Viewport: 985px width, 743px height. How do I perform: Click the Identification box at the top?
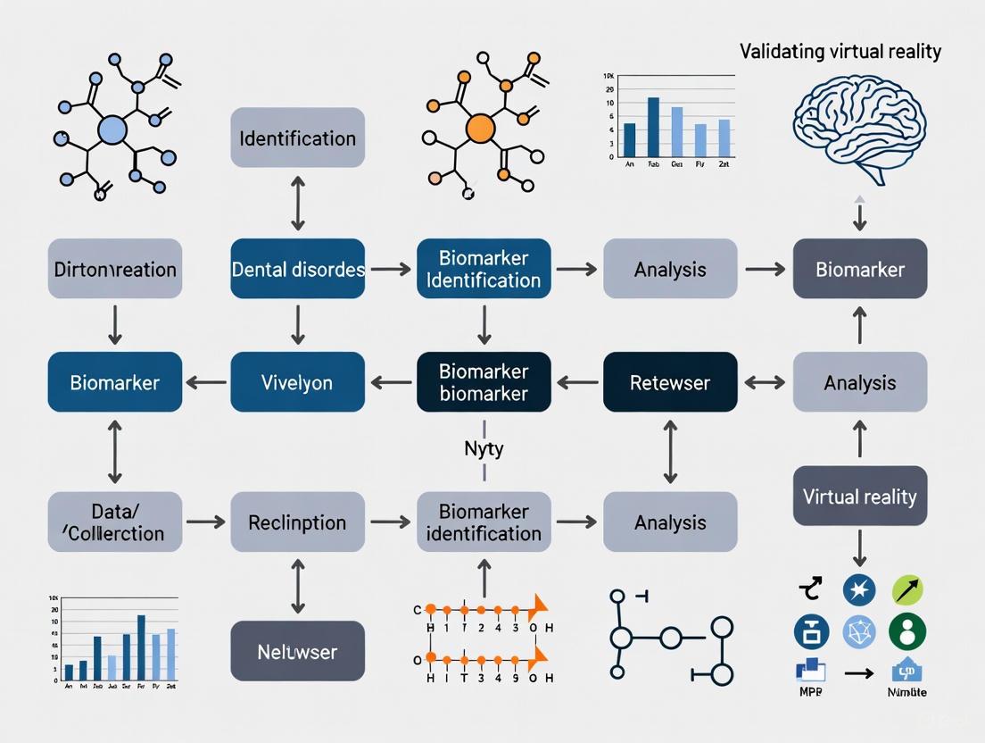[x=297, y=138]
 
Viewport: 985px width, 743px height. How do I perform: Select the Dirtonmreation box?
[x=114, y=268]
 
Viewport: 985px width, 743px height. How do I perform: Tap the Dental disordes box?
[x=297, y=268]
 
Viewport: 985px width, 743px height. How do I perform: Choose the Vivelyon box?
[x=297, y=382]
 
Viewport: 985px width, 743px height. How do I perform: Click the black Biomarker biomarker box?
[x=484, y=382]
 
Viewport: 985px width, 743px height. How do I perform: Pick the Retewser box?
[x=670, y=382]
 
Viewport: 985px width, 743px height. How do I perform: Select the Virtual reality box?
[x=859, y=496]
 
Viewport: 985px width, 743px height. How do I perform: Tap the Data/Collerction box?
[x=114, y=522]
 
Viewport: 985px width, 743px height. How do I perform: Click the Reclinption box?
[x=297, y=522]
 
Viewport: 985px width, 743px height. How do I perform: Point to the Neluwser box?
[x=297, y=652]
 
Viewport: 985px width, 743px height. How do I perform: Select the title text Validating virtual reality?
[x=840, y=51]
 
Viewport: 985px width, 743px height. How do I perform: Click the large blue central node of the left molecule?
[x=112, y=130]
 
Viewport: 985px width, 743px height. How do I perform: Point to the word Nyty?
[x=484, y=448]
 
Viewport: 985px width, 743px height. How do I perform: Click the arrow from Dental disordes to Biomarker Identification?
[x=390, y=268]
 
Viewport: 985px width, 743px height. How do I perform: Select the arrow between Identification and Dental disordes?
[x=297, y=203]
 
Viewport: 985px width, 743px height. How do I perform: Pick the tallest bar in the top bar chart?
[x=653, y=126]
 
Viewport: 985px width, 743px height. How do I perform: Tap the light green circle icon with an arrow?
[x=907, y=589]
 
